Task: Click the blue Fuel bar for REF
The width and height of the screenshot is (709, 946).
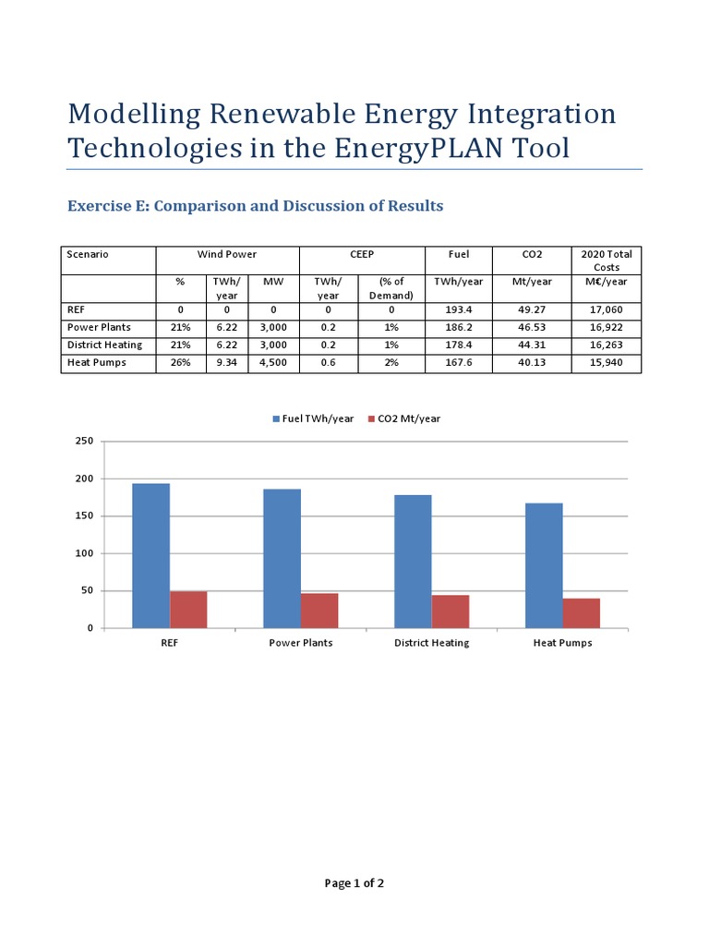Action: [x=150, y=555]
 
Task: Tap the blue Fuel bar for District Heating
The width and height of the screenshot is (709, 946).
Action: [x=413, y=562]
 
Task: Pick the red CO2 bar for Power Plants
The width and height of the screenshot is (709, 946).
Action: [x=319, y=611]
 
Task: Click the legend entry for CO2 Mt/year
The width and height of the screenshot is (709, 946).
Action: [x=404, y=418]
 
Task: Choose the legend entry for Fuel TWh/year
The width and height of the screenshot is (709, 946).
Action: [x=313, y=418]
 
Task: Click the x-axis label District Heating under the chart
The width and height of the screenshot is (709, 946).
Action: [x=431, y=643]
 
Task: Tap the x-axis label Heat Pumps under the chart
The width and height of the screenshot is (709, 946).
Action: [x=562, y=643]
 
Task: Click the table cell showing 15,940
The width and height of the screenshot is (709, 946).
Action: [x=607, y=363]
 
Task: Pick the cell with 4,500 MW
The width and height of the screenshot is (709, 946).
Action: [x=273, y=363]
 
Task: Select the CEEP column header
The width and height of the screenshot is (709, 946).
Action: [x=361, y=254]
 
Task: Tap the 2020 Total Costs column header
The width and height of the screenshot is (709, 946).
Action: [x=607, y=261]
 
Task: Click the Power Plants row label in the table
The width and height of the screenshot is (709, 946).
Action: [x=99, y=328]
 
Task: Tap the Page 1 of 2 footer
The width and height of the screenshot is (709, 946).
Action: [x=354, y=883]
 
